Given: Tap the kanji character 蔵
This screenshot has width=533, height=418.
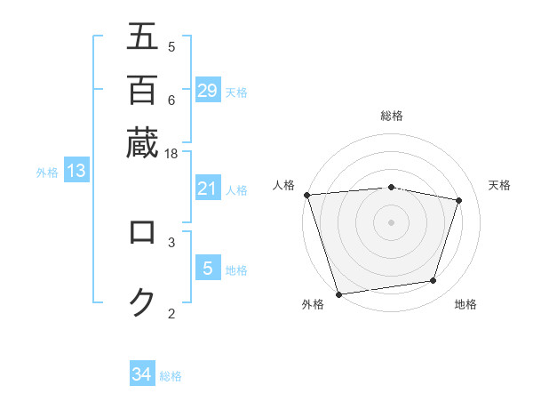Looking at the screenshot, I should [142, 142].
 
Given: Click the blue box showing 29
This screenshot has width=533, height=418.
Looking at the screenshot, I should [208, 91].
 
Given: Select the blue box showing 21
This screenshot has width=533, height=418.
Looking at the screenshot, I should [208, 189].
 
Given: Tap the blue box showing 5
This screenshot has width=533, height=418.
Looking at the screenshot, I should [208, 269].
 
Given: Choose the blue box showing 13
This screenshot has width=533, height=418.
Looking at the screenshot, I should [76, 172].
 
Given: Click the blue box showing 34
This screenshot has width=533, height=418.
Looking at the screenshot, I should [142, 374].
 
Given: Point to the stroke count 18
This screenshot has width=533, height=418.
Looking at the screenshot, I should [171, 153].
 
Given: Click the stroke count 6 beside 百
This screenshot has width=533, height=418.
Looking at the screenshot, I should [171, 100].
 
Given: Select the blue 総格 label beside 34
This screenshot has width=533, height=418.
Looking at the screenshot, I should [171, 376].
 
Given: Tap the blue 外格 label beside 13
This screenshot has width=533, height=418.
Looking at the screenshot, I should [47, 173].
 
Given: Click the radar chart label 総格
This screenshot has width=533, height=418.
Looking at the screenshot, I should [392, 116].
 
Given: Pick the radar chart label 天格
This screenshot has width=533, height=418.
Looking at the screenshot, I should [500, 185].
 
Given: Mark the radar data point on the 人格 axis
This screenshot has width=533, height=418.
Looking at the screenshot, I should [306, 195].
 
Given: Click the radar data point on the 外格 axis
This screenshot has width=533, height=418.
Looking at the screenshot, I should [338, 293].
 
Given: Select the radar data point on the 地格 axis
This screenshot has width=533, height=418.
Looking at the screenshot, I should [434, 281].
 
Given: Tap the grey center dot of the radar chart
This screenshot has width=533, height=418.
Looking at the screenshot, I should [392, 221].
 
